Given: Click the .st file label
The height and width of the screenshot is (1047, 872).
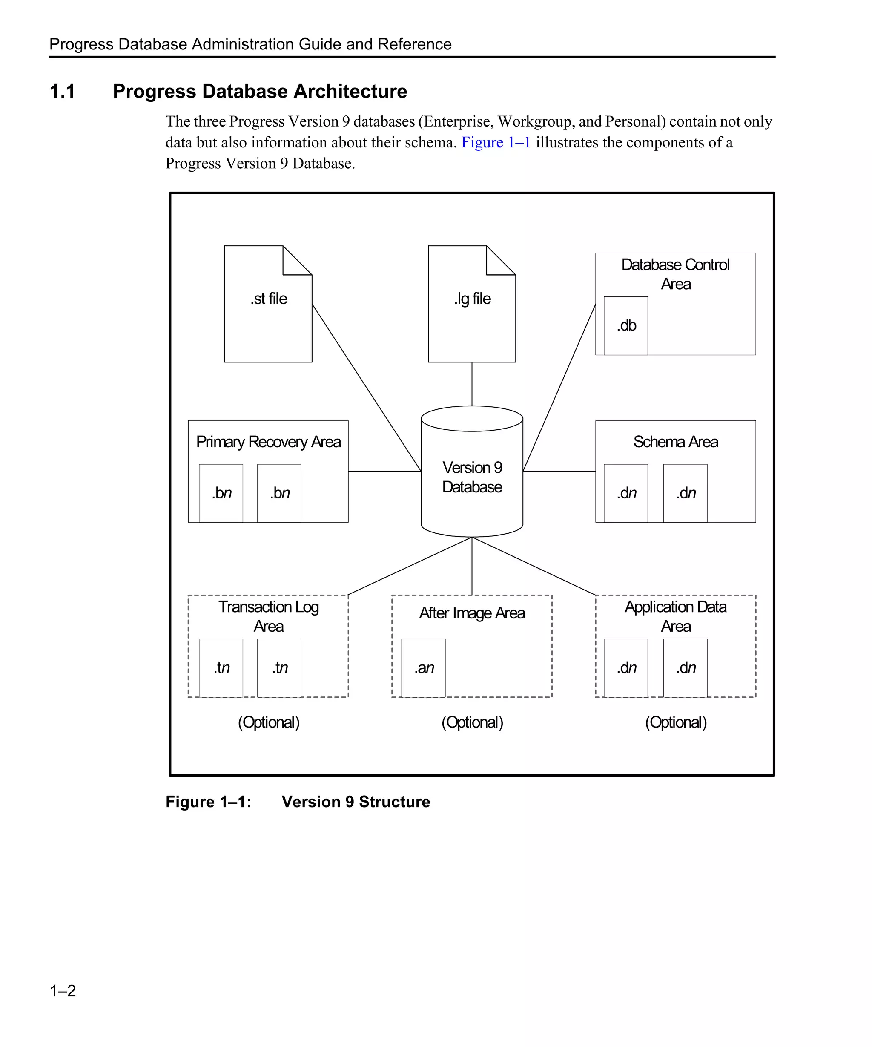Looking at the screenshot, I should click(x=269, y=299).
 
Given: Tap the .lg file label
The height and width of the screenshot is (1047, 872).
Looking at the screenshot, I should click(x=472, y=299).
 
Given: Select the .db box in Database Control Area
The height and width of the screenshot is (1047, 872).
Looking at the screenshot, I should click(x=626, y=325).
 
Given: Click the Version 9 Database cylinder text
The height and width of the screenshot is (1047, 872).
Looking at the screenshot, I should click(x=472, y=477).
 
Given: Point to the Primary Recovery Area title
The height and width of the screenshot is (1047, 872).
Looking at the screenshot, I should click(x=268, y=442).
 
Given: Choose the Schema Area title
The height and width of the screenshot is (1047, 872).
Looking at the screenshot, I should click(x=675, y=442).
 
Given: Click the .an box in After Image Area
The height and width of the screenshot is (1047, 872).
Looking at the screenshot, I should click(x=424, y=667).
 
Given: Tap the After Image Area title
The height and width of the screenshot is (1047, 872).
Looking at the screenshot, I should click(x=472, y=613).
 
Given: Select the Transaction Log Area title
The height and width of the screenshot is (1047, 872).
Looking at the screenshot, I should click(x=268, y=616).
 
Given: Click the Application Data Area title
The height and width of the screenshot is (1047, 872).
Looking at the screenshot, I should click(x=675, y=616).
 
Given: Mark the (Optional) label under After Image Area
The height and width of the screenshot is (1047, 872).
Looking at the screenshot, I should click(x=472, y=722).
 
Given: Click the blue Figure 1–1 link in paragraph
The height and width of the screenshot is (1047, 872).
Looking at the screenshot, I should click(x=495, y=143).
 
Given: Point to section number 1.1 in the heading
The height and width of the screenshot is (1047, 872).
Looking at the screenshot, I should click(x=63, y=92).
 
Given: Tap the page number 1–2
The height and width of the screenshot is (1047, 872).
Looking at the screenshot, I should click(x=63, y=990).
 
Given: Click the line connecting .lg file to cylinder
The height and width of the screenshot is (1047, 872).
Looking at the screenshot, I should click(x=472, y=384).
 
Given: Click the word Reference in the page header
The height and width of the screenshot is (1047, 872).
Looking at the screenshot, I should click(x=414, y=44).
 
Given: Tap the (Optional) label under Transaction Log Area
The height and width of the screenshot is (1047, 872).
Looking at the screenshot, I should click(x=268, y=722).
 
